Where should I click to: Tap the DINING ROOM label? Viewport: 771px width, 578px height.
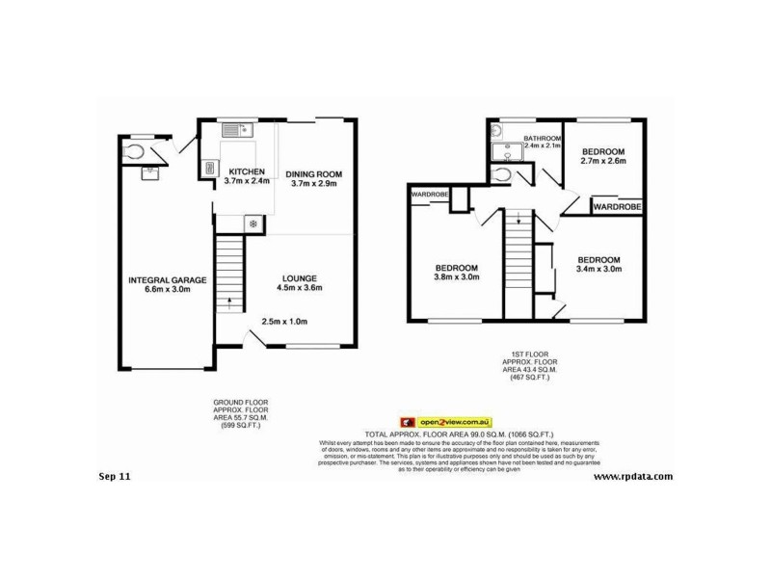coord(314,174)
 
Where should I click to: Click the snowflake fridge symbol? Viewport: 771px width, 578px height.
coord(253,224)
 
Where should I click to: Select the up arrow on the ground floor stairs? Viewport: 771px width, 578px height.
coord(229,302)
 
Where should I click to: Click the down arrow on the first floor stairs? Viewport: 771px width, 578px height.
coord(518,219)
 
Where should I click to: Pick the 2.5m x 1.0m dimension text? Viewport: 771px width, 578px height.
coord(284,322)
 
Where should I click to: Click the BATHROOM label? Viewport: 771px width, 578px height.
coord(542,139)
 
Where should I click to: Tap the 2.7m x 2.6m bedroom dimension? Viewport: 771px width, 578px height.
coord(604,161)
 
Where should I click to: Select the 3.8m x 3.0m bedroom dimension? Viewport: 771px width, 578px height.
coord(456,277)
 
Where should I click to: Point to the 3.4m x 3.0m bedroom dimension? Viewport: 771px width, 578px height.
coord(599,270)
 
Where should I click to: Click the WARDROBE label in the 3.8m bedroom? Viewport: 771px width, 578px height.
coord(429,195)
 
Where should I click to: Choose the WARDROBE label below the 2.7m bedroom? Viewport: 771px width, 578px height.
coord(618,206)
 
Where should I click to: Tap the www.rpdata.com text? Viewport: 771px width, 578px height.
coord(632,476)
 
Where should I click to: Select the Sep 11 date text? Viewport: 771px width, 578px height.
coord(115,476)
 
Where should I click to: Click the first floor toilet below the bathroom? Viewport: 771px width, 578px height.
coord(501,174)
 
